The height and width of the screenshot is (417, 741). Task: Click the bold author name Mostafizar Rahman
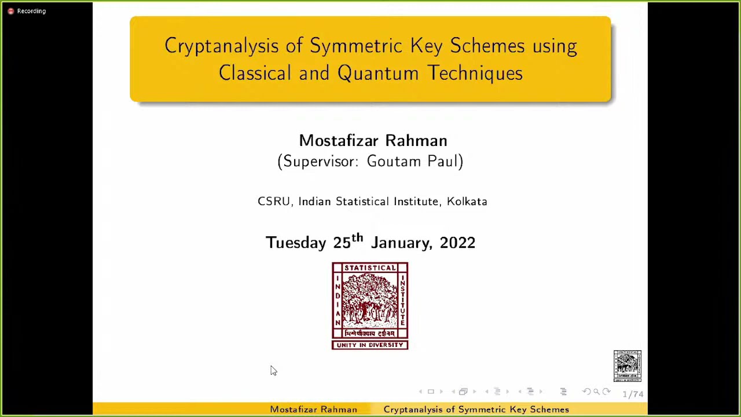tap(373, 141)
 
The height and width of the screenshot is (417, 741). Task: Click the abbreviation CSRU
tap(274, 202)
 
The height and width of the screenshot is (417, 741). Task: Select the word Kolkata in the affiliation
tap(467, 202)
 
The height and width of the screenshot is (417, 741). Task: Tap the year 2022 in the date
tap(457, 243)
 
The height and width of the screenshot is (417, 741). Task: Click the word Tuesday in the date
tap(296, 243)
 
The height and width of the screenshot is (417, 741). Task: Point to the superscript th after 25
tap(357, 237)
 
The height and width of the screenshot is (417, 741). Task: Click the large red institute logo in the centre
tap(370, 301)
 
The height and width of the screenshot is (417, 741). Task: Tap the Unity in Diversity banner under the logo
tap(370, 345)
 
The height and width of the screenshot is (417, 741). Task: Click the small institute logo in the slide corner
tap(628, 366)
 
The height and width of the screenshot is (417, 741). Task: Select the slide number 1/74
tap(633, 394)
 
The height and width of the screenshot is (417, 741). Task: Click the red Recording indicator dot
tap(10, 11)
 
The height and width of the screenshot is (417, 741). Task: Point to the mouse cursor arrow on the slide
tap(273, 371)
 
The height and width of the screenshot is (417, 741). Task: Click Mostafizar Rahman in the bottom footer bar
tap(313, 409)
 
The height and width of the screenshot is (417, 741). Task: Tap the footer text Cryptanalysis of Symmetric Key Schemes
tap(476, 409)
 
